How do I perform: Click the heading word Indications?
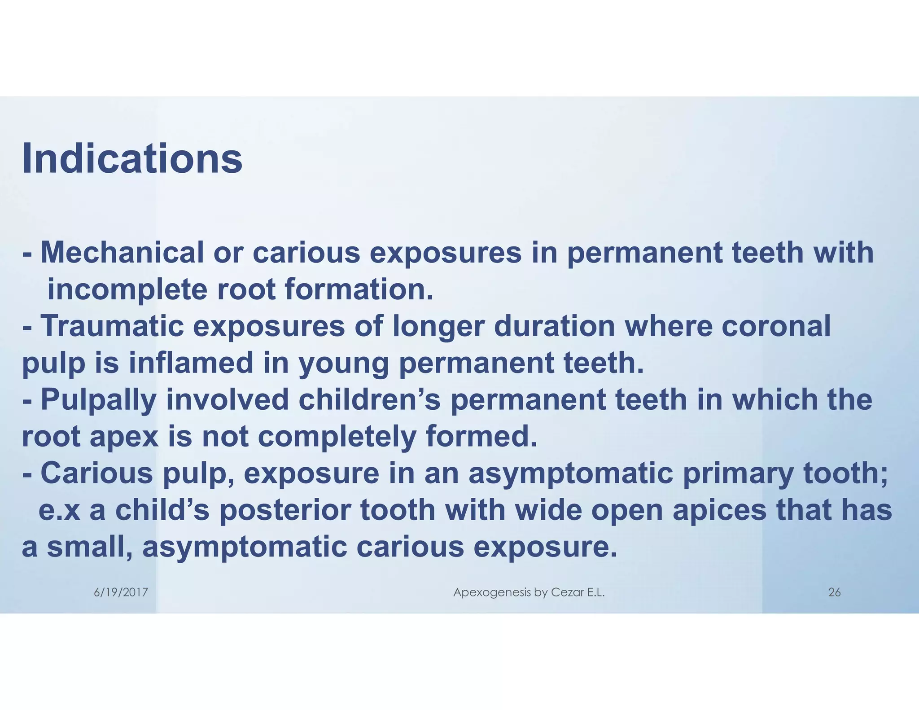[132, 158]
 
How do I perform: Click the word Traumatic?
[112, 326]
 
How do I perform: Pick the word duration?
[554, 326]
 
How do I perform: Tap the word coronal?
[776, 326]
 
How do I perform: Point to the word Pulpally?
[98, 400]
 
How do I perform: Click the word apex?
[124, 438]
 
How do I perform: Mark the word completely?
[337, 438]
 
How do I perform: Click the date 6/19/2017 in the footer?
[121, 592]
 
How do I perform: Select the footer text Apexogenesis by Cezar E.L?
[529, 592]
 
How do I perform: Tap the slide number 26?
[834, 592]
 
